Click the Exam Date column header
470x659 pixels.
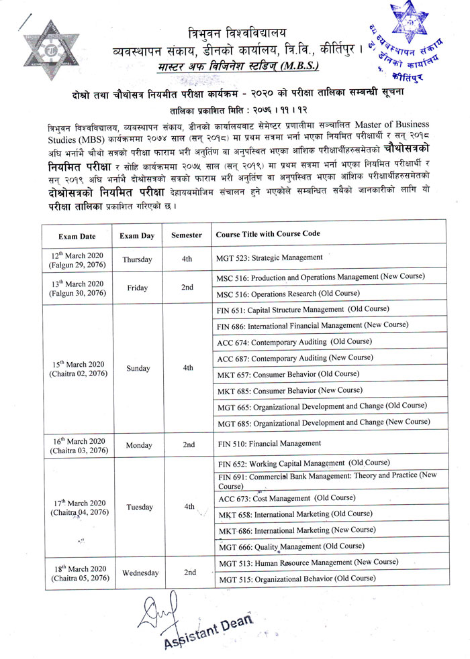[x=77, y=236]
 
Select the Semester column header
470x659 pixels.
[x=186, y=235]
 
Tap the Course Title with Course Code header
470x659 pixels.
[x=267, y=234]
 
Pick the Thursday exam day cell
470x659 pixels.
[x=137, y=259]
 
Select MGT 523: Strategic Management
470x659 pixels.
[x=269, y=257]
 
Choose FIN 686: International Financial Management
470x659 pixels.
[x=312, y=325]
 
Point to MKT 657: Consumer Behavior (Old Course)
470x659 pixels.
[x=288, y=373]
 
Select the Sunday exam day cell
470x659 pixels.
[x=137, y=368]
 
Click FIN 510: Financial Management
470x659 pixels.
[x=269, y=443]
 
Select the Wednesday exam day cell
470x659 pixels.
[x=140, y=573]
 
